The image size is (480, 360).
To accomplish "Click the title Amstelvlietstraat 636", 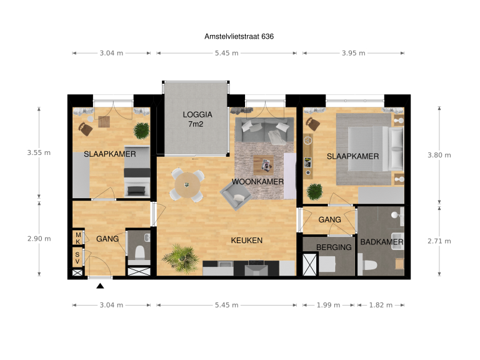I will click(x=239, y=37).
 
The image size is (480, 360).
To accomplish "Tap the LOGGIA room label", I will click(x=197, y=114).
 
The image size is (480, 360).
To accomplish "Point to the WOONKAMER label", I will click(x=257, y=182).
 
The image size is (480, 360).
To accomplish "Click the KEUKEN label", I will click(x=246, y=240).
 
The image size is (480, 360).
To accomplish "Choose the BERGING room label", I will click(x=334, y=247).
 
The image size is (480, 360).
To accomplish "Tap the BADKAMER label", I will click(x=381, y=242).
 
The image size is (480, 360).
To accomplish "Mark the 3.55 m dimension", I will click(x=39, y=152).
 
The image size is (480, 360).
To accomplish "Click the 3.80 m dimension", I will click(x=439, y=155).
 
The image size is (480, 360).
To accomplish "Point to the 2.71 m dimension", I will click(x=439, y=241).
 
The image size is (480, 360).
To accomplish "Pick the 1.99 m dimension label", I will click(x=328, y=305).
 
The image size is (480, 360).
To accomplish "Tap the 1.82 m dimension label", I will click(x=381, y=305).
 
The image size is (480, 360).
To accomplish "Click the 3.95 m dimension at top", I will click(x=354, y=53).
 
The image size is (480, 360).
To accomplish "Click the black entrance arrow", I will click(x=100, y=286).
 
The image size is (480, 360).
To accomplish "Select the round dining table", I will click(x=187, y=184).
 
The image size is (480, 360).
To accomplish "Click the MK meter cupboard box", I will click(x=78, y=237).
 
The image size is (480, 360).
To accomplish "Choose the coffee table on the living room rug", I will click(x=263, y=165).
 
